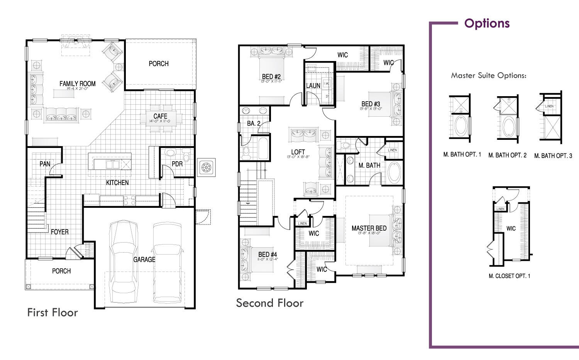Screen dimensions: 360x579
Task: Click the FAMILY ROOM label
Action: pyautogui.click(x=77, y=84)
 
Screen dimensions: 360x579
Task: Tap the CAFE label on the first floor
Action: pyautogui.click(x=160, y=116)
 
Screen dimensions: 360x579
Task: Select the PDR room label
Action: pyautogui.click(x=177, y=164)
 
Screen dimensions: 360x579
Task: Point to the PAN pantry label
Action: pyautogui.click(x=45, y=164)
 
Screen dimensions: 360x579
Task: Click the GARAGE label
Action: pyautogui.click(x=144, y=260)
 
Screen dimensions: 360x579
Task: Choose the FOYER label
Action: pyautogui.click(x=60, y=232)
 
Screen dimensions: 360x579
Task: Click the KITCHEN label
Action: pyautogui.click(x=117, y=182)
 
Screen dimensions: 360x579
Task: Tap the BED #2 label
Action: pyautogui.click(x=271, y=77)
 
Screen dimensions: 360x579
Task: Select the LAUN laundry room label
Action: pyautogui.click(x=313, y=85)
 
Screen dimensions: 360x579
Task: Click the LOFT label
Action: pyautogui.click(x=298, y=152)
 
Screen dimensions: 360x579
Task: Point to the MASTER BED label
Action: pyautogui.click(x=369, y=228)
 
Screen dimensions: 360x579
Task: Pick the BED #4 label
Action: pyautogui.click(x=267, y=255)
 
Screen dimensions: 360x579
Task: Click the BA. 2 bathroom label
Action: pyautogui.click(x=254, y=124)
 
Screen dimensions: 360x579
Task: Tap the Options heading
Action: pyautogui.click(x=487, y=24)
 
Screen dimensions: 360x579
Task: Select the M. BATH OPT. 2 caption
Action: pyautogui.click(x=507, y=155)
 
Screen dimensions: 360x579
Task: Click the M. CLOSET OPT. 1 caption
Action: pyautogui.click(x=510, y=276)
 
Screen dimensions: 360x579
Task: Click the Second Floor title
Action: pyautogui.click(x=269, y=303)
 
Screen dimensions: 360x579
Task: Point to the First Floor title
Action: pyautogui.click(x=52, y=312)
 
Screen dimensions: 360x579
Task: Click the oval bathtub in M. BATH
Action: pyautogui.click(x=394, y=173)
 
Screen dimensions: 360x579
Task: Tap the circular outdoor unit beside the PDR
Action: pyautogui.click(x=206, y=167)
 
